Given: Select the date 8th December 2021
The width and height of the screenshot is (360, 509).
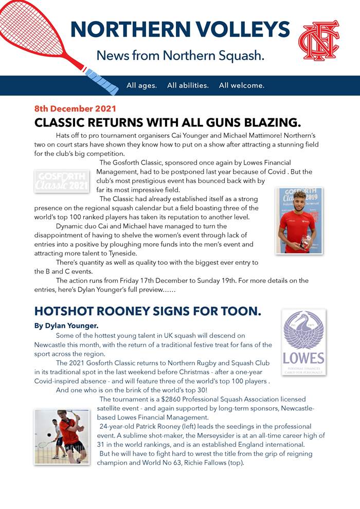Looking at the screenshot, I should pyautogui.click(x=75, y=109).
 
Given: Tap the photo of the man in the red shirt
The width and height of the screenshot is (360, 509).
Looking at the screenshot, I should pyautogui.click(x=299, y=220).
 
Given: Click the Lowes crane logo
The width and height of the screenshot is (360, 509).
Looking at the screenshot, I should pyautogui.click(x=303, y=341).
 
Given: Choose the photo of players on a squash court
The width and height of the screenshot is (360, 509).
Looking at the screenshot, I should pyautogui.click(x=62, y=437).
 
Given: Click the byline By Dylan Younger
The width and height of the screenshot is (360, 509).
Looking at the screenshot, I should pyautogui.click(x=66, y=325).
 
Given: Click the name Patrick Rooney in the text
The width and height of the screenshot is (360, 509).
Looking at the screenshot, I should pyautogui.click(x=161, y=426).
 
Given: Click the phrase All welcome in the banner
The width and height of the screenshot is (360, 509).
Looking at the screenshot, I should pyautogui.click(x=241, y=85).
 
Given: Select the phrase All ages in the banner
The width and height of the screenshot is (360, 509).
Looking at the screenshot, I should pyautogui.click(x=141, y=85).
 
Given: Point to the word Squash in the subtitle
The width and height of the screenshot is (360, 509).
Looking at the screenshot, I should pyautogui.click(x=236, y=55).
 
